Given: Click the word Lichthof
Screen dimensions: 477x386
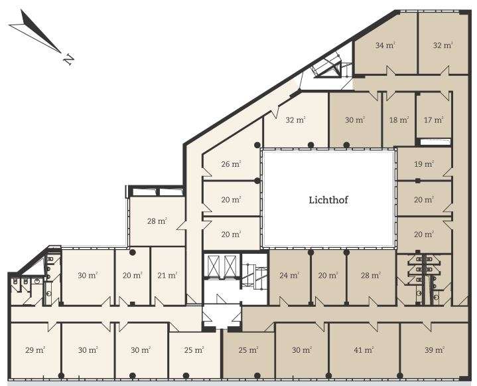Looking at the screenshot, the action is pos(328,200).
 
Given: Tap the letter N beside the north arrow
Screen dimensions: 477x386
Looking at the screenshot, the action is pos(69,59).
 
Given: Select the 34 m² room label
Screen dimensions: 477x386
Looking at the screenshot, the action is pos(385,45).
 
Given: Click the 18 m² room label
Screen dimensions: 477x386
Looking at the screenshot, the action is pos(399,120).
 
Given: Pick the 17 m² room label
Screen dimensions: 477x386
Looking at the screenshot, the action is pos(433,120).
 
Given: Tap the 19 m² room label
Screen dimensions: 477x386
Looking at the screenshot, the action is pos(424,164).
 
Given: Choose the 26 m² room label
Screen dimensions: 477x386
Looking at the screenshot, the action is pos(231,164).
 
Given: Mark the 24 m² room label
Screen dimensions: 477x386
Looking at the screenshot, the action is pos(289,276).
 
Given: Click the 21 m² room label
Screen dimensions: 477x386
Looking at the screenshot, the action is pos(167,276).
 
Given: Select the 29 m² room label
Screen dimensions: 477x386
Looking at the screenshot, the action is pos(35,350).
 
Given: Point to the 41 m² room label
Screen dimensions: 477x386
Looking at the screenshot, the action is pos(364,350).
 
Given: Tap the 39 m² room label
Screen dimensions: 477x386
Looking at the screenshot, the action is pos(435,350).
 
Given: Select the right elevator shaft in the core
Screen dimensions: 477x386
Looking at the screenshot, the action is pos(230,265).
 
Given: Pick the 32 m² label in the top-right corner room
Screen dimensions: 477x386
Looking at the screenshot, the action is pos(443,45).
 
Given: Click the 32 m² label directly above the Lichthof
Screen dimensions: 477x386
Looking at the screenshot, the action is pos(296,120).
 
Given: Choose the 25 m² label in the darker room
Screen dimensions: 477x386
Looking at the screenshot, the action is pos(249,350).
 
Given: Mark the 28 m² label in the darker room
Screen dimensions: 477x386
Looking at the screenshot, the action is pos(370,276).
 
